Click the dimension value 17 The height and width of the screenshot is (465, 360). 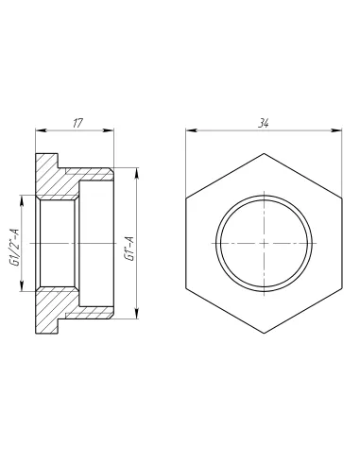(77, 123)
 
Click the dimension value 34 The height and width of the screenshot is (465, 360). (264, 123)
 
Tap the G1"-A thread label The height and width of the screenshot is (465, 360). (129, 249)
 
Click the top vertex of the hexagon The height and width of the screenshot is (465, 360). (264, 153)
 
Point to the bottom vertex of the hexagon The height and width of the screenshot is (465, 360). (264, 334)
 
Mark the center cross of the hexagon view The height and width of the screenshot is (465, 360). (264, 243)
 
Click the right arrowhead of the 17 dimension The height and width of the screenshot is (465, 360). (109, 130)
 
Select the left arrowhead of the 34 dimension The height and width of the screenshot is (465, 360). (190, 130)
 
